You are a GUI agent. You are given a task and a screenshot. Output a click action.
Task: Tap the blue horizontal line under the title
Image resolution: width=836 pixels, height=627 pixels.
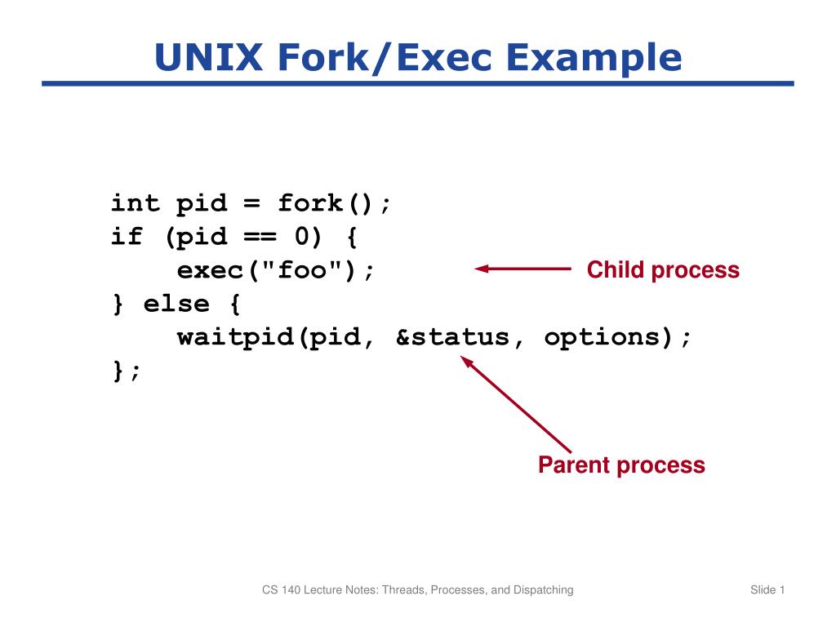417,83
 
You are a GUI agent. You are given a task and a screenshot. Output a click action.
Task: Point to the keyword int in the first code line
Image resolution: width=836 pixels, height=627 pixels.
136,202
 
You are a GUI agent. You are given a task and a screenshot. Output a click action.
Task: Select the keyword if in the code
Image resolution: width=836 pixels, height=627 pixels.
127,237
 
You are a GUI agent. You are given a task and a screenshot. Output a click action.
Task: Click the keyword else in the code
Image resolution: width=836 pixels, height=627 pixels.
177,304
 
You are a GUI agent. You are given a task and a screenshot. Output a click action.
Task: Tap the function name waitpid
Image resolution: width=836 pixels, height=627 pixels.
237,337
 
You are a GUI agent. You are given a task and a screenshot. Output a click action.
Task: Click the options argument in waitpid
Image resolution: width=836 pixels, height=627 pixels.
602,337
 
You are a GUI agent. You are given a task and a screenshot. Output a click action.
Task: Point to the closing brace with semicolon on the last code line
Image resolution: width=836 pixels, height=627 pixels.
127,371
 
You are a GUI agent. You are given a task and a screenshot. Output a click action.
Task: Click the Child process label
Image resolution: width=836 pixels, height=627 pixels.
663,270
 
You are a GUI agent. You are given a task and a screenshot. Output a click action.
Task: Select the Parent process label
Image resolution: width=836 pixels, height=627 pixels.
621,465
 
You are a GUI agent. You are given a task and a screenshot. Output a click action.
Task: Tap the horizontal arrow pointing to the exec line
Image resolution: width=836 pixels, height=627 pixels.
522,269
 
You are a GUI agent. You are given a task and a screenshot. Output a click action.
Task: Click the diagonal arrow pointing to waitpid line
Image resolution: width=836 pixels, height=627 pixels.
516,406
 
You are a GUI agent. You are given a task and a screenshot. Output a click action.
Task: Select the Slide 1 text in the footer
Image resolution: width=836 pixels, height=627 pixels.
767,589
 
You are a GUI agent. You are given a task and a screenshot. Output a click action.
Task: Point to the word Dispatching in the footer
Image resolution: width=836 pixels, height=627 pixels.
543,589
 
